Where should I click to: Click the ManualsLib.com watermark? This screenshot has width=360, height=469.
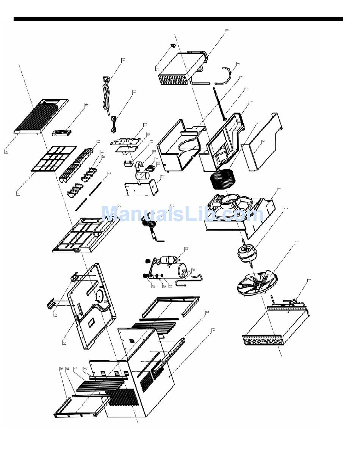(x=182, y=214)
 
